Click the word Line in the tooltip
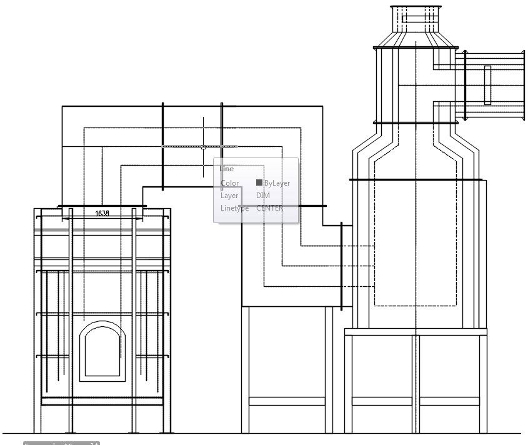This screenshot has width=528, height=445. coord(227,169)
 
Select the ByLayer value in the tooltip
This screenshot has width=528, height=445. coord(277,183)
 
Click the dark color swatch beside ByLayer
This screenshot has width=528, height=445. coord(259,183)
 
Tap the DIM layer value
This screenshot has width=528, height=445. coord(263,196)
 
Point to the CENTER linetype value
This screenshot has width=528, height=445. coord(269,208)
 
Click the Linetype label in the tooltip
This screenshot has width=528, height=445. coord(234,208)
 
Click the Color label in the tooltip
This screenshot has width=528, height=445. coord(230,183)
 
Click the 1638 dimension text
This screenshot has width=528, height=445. coord(102,213)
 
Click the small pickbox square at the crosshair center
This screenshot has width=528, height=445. coord(203,147)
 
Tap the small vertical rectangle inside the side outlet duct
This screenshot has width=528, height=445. coord(487,85)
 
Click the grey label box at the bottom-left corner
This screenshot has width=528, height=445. coord(61,443)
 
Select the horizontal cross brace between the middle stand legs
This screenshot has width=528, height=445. coord(287,401)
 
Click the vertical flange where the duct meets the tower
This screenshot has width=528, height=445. coord(341,266)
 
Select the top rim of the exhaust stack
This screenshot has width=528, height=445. coord(416,7)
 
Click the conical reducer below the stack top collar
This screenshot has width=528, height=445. coord(416,39)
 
